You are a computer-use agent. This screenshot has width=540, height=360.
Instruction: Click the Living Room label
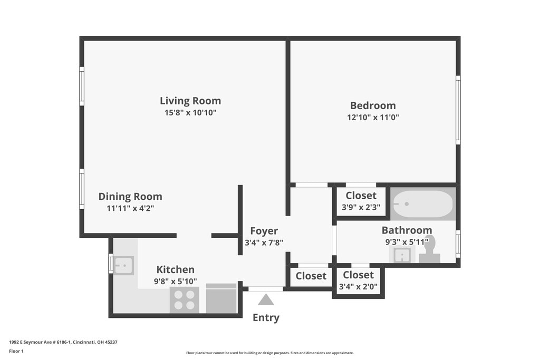[x=190, y=101]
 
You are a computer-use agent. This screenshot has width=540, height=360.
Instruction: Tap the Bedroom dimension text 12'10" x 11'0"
[x=373, y=118]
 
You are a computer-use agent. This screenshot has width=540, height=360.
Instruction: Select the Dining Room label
[x=130, y=197]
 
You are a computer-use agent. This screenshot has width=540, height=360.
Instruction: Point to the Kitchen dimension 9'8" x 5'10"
[x=175, y=281]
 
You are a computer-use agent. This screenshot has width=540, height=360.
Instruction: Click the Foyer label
[x=264, y=231]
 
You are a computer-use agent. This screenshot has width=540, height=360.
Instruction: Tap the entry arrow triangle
[x=266, y=299]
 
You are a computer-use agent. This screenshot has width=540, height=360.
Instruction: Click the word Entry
[x=266, y=317]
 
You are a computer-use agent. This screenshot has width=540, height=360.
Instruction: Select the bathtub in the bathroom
[x=423, y=204]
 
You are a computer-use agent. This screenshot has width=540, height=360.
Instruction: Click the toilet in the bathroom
[x=429, y=249]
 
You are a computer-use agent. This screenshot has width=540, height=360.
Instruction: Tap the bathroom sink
[x=401, y=255]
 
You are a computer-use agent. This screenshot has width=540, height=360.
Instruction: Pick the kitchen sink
[x=123, y=265]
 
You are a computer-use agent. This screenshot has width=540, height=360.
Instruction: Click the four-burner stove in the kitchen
[x=184, y=300]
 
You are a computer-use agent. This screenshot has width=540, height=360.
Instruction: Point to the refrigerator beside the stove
[x=221, y=298]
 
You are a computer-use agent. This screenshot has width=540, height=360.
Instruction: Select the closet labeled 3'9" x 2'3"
[x=361, y=201]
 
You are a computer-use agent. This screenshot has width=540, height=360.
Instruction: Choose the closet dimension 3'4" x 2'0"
[x=358, y=286]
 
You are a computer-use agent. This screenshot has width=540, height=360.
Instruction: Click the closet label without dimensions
[x=311, y=276]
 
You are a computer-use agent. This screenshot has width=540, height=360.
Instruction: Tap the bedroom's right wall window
[x=458, y=110]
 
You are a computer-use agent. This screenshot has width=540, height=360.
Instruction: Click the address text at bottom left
[x=63, y=342]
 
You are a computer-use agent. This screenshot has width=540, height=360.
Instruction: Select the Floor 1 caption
[x=16, y=352]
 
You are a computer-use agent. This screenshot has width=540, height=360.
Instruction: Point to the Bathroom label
[x=407, y=230]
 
